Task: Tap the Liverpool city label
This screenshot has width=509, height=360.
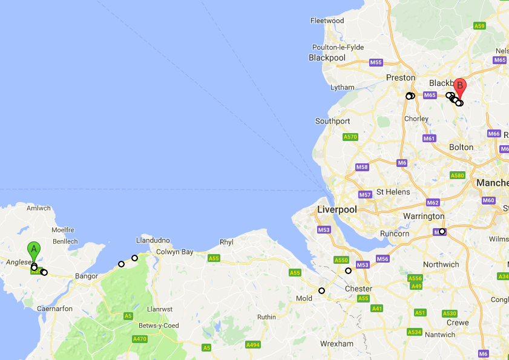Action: (x=337, y=209)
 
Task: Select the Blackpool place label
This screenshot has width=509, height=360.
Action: (x=327, y=58)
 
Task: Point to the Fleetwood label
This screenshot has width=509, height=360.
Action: (x=327, y=21)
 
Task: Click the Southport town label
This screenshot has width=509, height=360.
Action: (x=332, y=121)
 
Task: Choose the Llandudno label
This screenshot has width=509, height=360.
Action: (x=153, y=240)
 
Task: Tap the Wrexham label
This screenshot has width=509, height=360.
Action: (x=337, y=344)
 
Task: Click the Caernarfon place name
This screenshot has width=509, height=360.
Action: (x=55, y=309)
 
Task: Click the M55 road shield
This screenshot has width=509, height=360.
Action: (x=376, y=62)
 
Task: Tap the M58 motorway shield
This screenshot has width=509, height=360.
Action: (x=362, y=167)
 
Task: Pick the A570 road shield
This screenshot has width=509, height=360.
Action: (x=350, y=137)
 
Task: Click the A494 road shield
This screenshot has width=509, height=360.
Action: (x=253, y=344)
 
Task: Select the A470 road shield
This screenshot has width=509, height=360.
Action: (x=139, y=339)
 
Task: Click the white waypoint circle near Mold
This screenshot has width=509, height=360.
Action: (x=322, y=290)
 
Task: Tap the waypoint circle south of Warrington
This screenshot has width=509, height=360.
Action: (x=442, y=231)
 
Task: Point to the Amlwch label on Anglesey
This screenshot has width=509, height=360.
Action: (x=39, y=208)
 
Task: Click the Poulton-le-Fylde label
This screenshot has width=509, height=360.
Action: (x=338, y=47)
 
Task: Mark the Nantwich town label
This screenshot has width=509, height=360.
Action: (x=440, y=335)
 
